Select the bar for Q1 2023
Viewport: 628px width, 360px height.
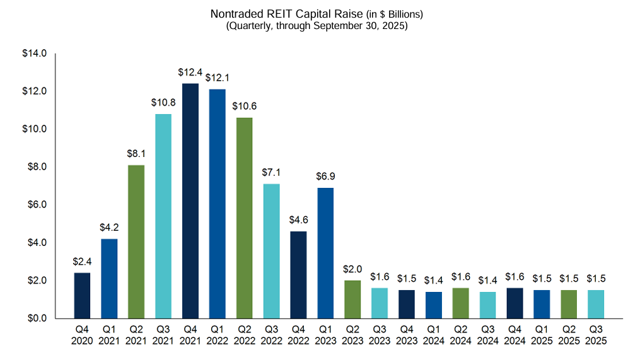tap(325, 252)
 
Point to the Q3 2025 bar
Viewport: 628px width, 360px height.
tap(596, 304)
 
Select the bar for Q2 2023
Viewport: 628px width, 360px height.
tap(352, 299)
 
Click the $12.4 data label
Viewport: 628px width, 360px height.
tap(190, 73)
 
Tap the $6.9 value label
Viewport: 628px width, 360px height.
tap(325, 177)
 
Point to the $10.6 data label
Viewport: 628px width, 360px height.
tap(244, 107)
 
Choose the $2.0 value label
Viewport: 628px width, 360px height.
tap(352, 269)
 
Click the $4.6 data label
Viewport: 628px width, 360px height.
tap(298, 221)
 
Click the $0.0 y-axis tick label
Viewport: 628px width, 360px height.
tap(36, 318)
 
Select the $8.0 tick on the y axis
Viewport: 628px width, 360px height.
tap(36, 167)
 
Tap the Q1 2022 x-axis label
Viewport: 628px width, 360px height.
tap(217, 335)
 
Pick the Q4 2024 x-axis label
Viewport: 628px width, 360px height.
tap(515, 335)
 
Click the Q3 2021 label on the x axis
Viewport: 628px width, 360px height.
tap(163, 335)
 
